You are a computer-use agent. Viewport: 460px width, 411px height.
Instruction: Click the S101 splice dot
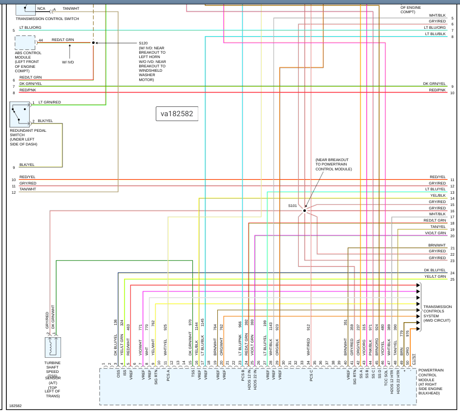304,210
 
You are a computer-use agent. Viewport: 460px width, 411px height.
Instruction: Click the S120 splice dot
93,42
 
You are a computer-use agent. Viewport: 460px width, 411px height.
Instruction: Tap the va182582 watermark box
177,114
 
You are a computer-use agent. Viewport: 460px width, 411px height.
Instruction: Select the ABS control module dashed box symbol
25,42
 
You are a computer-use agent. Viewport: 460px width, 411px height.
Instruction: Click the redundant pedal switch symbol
20,114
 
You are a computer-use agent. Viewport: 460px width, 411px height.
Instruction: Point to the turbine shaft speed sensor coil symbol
52,347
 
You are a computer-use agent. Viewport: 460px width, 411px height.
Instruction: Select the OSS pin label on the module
118,374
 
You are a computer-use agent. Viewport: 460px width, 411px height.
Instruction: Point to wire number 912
309,328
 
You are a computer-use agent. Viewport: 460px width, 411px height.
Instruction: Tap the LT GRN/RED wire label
50,102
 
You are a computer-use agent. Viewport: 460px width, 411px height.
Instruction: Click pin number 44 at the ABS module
41,40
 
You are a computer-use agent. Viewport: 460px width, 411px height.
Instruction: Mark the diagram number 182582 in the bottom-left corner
15,406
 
